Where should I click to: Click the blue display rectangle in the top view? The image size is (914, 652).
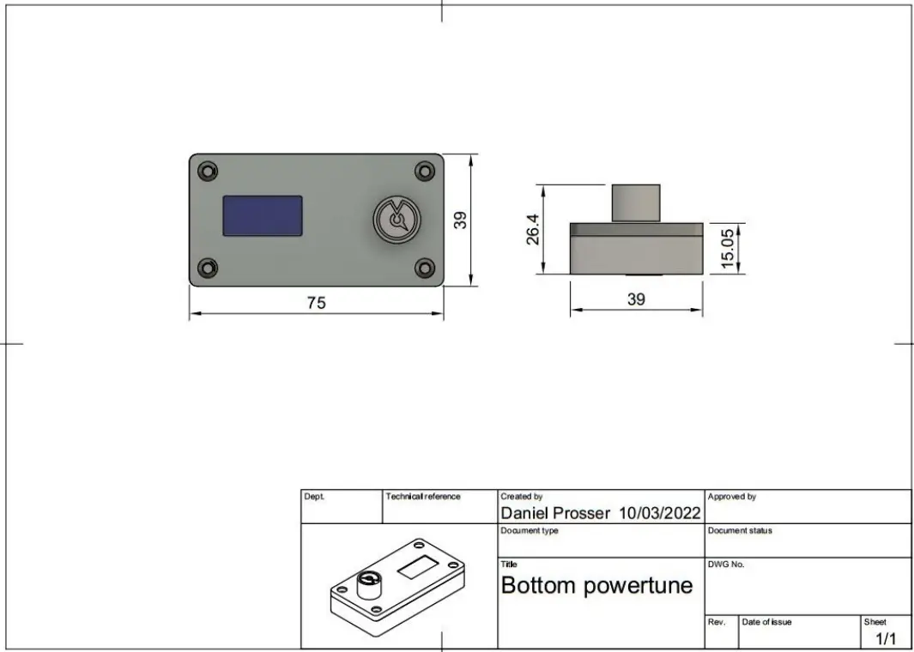point(262,215)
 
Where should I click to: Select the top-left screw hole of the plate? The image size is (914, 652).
point(207,172)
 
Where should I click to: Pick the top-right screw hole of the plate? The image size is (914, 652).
point(424,172)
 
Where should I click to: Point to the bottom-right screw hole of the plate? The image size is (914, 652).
point(424,269)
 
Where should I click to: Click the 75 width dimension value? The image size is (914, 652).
point(317,303)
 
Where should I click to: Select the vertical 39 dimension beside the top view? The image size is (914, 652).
point(461,220)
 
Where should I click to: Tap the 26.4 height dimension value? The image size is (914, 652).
point(532,229)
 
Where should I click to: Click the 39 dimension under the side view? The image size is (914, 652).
point(636,299)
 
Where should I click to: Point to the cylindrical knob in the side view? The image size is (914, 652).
point(635,203)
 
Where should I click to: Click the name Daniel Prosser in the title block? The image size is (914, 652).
point(554,513)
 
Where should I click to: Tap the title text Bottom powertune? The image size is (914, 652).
point(596,586)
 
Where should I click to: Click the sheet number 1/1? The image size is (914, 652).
point(886,639)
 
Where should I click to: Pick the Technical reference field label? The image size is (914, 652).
point(423,497)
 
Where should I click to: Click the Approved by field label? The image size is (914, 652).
point(731,497)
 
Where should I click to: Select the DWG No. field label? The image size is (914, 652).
point(726,564)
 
